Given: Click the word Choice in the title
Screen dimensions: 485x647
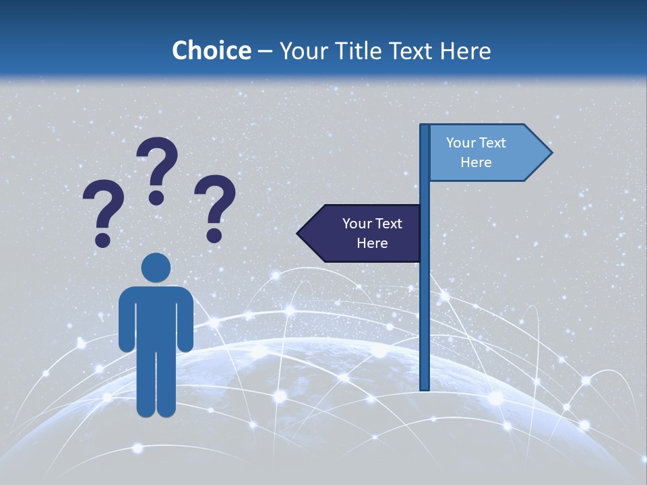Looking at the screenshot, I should click(211, 51).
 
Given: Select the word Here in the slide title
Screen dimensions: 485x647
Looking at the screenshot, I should click(465, 51).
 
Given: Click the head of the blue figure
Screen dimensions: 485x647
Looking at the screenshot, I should click(156, 268).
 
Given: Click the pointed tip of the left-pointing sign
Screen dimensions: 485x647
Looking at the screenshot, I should click(299, 233).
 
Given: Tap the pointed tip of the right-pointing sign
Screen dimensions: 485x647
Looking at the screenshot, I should click(550, 153).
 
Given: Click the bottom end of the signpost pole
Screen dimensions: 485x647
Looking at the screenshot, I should click(425, 387).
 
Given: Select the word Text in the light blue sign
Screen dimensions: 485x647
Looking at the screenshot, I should click(493, 143).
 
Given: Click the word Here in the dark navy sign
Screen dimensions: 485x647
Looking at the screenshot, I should click(372, 243).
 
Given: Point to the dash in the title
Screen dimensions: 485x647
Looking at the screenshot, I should click(265, 51).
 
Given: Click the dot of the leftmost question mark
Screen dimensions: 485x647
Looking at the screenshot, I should click(103, 240).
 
